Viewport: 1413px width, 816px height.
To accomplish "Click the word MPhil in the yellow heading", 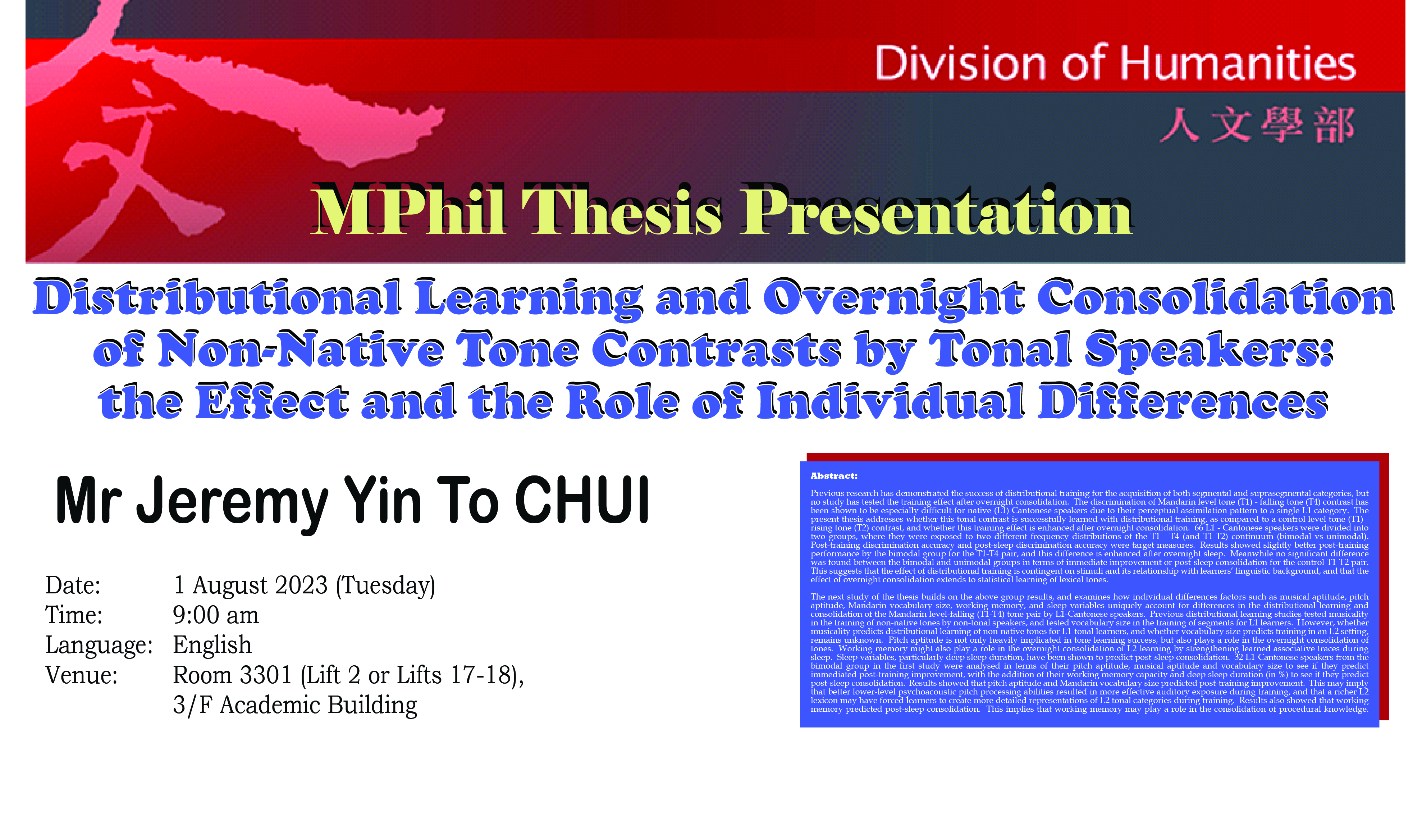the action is [409, 213].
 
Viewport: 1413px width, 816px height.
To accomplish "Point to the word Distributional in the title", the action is [218, 297].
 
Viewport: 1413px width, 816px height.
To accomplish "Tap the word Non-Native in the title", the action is [301, 349].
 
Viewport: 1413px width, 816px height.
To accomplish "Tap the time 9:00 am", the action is [216, 615].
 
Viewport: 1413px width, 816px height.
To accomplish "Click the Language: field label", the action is [99, 646].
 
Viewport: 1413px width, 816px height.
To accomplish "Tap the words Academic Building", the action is [318, 705].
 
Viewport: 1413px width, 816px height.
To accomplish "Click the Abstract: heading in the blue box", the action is [834, 476].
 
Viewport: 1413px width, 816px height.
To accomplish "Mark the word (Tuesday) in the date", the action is [385, 586].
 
